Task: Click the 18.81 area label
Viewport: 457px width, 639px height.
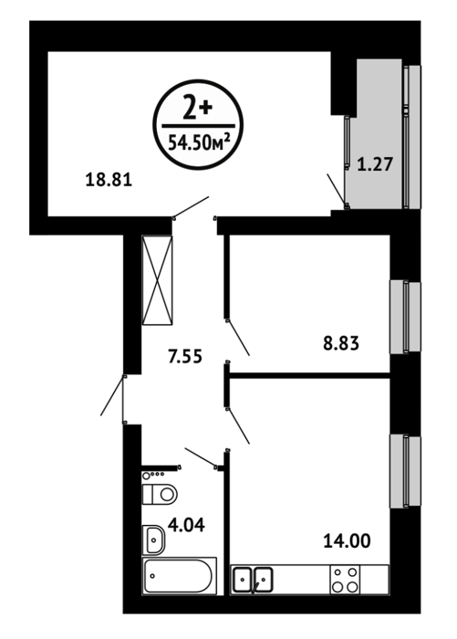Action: click(x=109, y=180)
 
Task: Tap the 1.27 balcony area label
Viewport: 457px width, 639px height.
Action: click(x=375, y=164)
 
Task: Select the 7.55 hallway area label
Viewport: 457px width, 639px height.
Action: click(x=185, y=357)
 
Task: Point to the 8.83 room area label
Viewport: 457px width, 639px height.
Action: click(x=341, y=343)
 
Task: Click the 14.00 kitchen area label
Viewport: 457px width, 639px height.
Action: click(x=347, y=540)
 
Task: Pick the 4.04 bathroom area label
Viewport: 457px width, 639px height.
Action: click(x=187, y=525)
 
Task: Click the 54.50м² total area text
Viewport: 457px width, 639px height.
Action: click(x=198, y=142)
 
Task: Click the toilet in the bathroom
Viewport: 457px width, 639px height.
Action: click(x=160, y=495)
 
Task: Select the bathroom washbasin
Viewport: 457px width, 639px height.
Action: click(x=153, y=539)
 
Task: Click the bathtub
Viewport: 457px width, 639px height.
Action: click(x=179, y=576)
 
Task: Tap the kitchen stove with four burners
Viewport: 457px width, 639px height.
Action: click(x=346, y=580)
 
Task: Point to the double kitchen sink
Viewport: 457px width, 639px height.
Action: click(x=253, y=580)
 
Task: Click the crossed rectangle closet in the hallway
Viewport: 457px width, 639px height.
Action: click(x=157, y=280)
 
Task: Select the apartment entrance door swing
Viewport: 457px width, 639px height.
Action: click(x=111, y=395)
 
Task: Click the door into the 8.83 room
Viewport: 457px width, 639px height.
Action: click(x=238, y=338)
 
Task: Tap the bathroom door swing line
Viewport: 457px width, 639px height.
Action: click(x=201, y=456)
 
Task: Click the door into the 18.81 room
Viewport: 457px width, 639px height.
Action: click(x=191, y=207)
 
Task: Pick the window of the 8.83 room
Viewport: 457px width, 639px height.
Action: click(x=406, y=317)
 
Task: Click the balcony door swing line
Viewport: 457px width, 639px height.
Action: click(x=337, y=189)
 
